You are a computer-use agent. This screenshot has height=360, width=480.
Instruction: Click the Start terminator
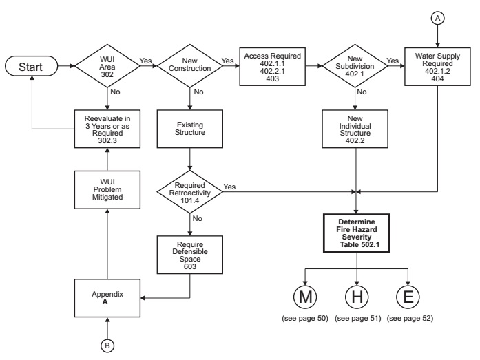tap(31, 66)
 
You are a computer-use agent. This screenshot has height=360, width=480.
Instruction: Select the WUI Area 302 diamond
tap(107, 66)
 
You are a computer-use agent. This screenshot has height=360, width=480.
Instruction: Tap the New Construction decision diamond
tap(190, 66)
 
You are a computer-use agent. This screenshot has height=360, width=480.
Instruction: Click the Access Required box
tap(272, 67)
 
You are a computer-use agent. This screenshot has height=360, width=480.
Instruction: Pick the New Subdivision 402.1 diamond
tap(355, 66)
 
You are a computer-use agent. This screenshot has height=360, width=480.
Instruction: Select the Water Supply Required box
tap(437, 67)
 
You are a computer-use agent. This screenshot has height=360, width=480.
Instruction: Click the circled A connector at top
tap(438, 19)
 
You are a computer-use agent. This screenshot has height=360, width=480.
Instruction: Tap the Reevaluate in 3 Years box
tap(107, 129)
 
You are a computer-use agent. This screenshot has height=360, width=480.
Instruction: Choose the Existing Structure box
tap(190, 129)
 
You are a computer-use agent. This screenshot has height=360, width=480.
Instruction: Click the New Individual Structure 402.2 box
tap(355, 129)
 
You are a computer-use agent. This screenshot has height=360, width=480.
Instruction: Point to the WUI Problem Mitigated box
tap(107, 189)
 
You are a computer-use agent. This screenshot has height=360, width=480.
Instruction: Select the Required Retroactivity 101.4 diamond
tap(190, 192)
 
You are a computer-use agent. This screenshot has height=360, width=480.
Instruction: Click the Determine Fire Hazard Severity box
tap(357, 233)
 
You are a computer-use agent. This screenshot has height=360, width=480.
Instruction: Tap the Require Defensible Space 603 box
tap(190, 255)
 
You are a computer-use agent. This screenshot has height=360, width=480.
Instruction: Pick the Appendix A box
tap(107, 298)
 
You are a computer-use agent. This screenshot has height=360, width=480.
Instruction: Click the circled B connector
tap(107, 346)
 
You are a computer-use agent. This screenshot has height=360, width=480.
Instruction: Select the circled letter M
tap(305, 297)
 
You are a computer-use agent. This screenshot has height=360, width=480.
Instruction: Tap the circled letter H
tap(357, 297)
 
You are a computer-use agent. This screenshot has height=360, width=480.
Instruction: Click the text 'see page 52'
tap(410, 319)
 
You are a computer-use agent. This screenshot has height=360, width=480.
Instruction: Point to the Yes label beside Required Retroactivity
tap(229, 187)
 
